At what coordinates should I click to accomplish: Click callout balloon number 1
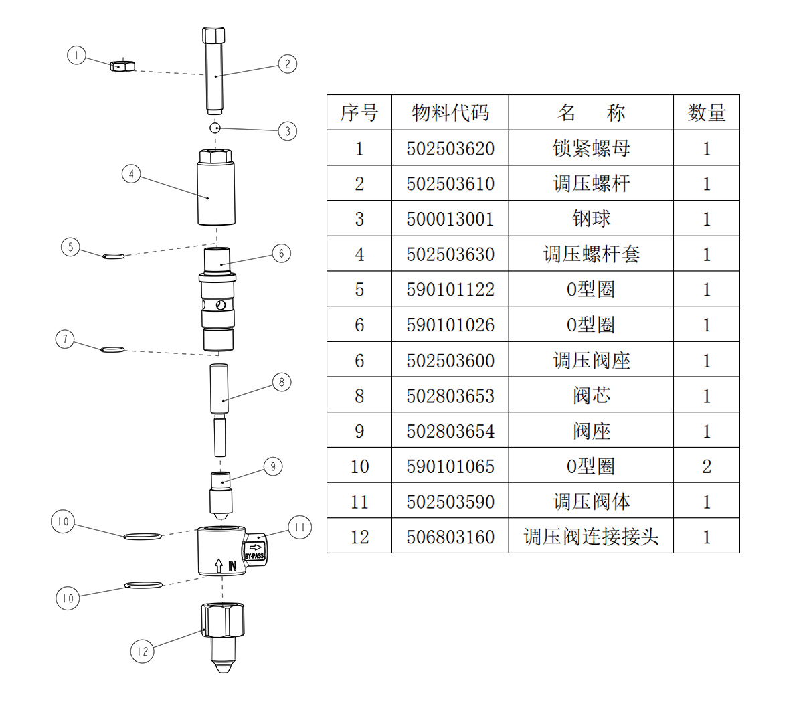(x=77, y=55)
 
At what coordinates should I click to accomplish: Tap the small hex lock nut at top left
(x=122, y=66)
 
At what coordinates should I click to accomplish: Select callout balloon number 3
(x=288, y=130)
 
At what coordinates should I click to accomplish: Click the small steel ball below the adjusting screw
(x=215, y=127)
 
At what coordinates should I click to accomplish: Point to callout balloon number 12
(x=142, y=651)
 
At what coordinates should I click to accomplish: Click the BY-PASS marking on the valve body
(x=255, y=556)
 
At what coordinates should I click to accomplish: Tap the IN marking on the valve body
(x=232, y=566)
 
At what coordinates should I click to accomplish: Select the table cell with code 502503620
(x=450, y=148)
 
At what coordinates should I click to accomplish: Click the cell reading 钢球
(x=591, y=219)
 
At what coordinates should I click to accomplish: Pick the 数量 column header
(x=707, y=112)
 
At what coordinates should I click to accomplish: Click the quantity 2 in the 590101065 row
(x=707, y=466)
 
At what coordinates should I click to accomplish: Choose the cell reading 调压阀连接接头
(x=591, y=537)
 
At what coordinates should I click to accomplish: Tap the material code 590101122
(x=450, y=290)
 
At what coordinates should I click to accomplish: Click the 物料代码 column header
(x=450, y=112)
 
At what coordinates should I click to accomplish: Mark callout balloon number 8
(x=282, y=382)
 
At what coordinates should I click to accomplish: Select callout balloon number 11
(x=299, y=528)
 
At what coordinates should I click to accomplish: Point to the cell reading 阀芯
(x=591, y=395)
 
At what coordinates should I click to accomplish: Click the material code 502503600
(x=450, y=361)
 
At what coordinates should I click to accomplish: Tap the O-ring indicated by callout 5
(x=113, y=255)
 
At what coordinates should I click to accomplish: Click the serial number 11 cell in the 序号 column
(x=359, y=502)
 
